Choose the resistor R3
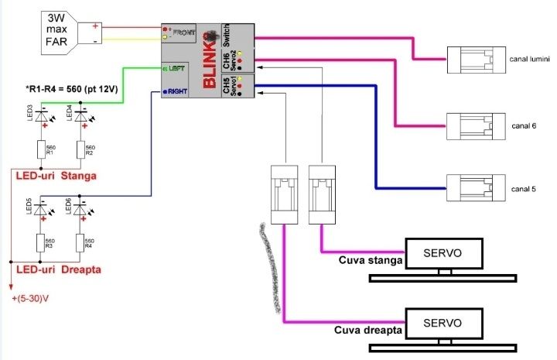coord(41,242)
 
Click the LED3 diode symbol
coord(41,115)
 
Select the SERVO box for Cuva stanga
coord(444,253)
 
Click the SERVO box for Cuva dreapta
coord(444,322)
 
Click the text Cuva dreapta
coord(368,329)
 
